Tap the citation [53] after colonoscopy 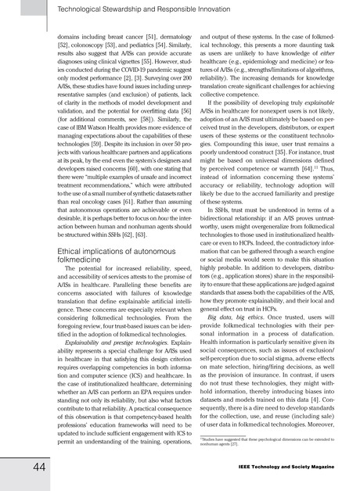(x=121, y=46)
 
